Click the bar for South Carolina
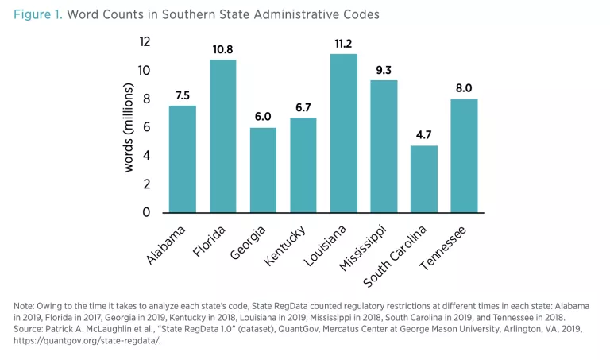coord(424,179)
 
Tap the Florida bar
coord(223,136)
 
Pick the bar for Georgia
coord(263,170)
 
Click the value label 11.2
coord(344,42)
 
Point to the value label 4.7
coord(424,134)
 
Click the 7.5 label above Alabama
coord(183,95)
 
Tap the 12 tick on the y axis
coord(145,41)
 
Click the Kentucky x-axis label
coord(290,241)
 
